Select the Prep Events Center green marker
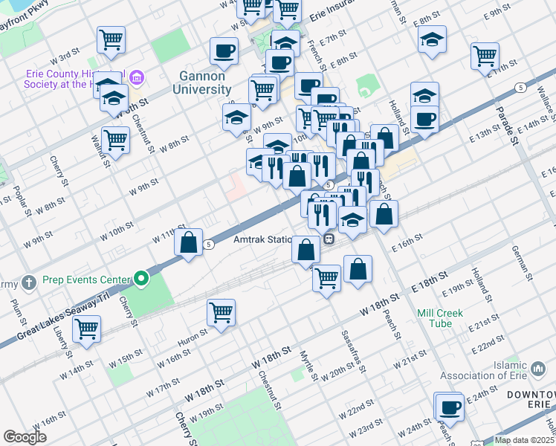141,280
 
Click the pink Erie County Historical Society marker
137,77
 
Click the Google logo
25,437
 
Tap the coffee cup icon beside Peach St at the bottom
450,407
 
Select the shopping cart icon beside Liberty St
88,327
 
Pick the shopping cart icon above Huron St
222,312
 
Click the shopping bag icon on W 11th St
190,242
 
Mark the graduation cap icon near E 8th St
431,40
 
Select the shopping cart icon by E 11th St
485,54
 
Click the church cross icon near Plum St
28,282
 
